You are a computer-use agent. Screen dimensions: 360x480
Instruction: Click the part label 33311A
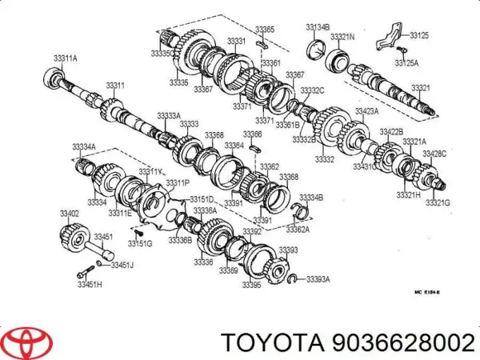[66, 58]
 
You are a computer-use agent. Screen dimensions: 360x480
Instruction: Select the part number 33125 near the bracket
[419, 35]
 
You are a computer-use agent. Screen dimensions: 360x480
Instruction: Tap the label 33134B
[318, 29]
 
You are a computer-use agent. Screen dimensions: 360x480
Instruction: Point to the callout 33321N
[343, 37]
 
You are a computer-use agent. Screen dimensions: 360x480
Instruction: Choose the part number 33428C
[435, 153]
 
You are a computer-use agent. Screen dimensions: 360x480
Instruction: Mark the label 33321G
[438, 203]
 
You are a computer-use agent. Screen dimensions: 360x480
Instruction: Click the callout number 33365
[265, 30]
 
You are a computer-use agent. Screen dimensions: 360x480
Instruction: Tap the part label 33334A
[84, 146]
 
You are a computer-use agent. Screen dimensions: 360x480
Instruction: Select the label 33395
[252, 285]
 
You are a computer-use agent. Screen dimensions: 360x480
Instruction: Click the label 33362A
[298, 228]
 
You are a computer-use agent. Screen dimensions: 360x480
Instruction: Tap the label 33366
[253, 134]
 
